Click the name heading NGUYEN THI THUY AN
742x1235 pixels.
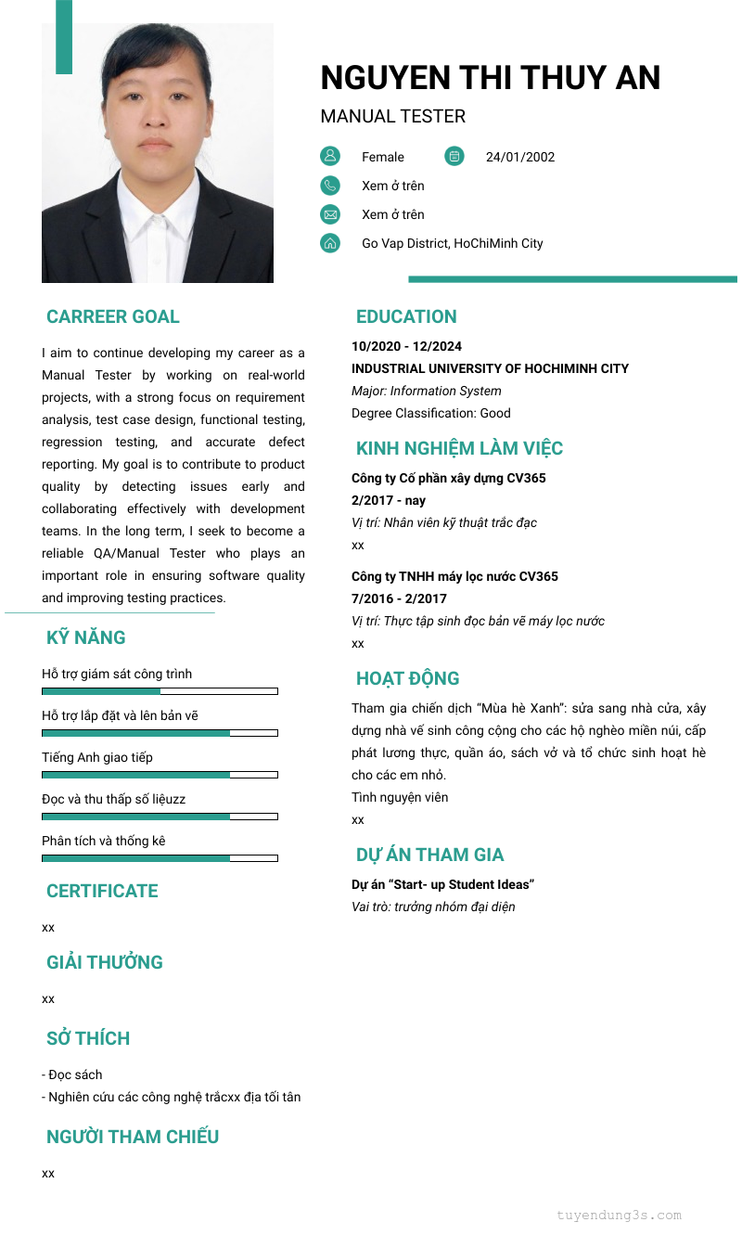pyautogui.click(x=490, y=78)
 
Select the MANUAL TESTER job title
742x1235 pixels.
pyautogui.click(x=392, y=117)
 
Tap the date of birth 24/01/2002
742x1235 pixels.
pyautogui.click(x=520, y=157)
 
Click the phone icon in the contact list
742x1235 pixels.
pyautogui.click(x=330, y=186)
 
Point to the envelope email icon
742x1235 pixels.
pyautogui.click(x=330, y=214)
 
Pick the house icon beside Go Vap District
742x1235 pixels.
pyautogui.click(x=330, y=243)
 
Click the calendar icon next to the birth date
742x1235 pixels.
pyautogui.click(x=454, y=156)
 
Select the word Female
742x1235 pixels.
pyautogui.click(x=383, y=157)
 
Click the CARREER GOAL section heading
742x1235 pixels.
pyautogui.click(x=113, y=316)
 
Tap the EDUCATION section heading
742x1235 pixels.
pyautogui.click(x=406, y=316)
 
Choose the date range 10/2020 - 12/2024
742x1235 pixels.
pyautogui.click(x=406, y=346)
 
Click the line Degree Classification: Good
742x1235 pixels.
pyautogui.click(x=431, y=413)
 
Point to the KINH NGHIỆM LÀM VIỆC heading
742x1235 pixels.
pyautogui.click(x=459, y=448)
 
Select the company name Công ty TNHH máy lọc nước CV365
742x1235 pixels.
pyautogui.click(x=454, y=576)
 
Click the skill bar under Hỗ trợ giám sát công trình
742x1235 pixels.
pyautogui.click(x=160, y=691)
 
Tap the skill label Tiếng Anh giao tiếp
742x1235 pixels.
pyautogui.click(x=97, y=757)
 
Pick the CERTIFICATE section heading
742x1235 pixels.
pyautogui.click(x=102, y=891)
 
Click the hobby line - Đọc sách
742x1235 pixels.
pyautogui.click(x=72, y=1074)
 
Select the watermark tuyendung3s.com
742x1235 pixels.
pyautogui.click(x=619, y=1215)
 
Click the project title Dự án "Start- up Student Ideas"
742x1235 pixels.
pyautogui.click(x=442, y=884)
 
